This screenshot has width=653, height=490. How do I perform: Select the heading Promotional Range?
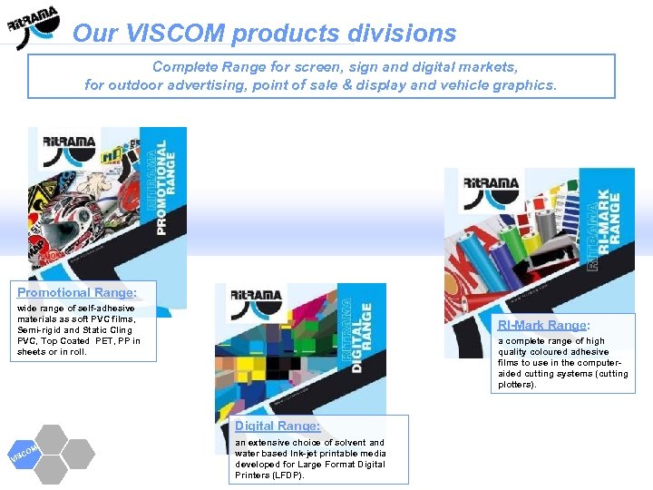pyautogui.click(x=77, y=292)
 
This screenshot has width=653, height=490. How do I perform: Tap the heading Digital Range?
pyautogui.click(x=277, y=426)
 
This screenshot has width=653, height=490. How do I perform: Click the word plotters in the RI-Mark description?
pyautogui.click(x=516, y=385)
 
